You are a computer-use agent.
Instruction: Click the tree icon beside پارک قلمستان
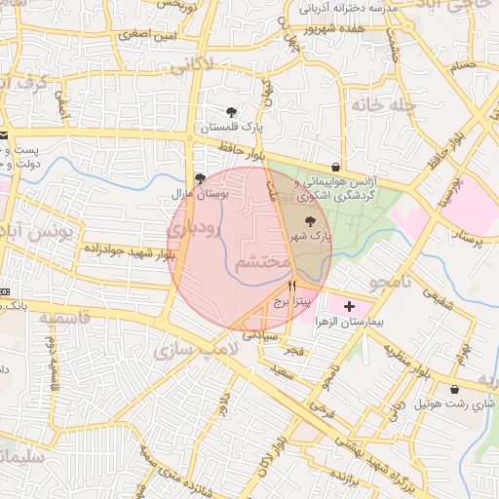click(231, 112)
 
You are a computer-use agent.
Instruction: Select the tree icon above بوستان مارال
click(200, 179)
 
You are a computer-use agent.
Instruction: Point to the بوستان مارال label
click(199, 195)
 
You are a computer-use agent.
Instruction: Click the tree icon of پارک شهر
click(310, 221)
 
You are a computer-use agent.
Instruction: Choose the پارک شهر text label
click(310, 237)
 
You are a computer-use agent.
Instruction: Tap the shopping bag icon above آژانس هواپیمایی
click(336, 167)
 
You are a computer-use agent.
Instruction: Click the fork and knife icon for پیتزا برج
click(291, 287)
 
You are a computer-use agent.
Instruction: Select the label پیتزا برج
click(290, 302)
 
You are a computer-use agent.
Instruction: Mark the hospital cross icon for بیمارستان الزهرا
click(351, 306)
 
